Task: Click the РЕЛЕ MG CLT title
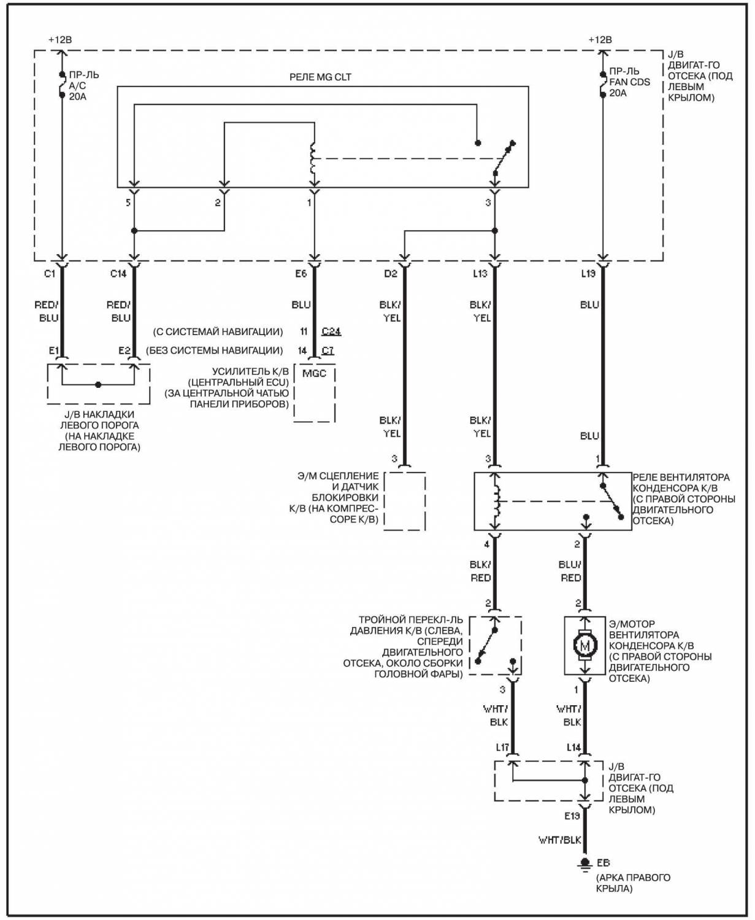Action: tap(320, 77)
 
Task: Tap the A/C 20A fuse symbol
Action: tap(63, 84)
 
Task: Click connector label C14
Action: tap(118, 274)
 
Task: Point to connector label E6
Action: tap(301, 274)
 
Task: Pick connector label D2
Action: tap(391, 274)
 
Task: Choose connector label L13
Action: tap(480, 274)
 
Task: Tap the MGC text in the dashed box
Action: tap(314, 374)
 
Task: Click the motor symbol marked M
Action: tap(585, 644)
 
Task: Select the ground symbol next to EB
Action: tap(585, 864)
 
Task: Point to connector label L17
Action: tap(502, 748)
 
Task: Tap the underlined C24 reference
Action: tap(331, 331)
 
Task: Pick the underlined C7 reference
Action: tap(328, 350)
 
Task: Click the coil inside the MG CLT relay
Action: tap(313, 159)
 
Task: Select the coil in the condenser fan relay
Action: tap(496, 501)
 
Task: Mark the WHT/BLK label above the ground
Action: tap(560, 840)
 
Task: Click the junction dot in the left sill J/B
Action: tap(99, 385)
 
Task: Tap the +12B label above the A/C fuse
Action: tap(59, 40)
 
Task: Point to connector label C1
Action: tap(50, 274)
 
